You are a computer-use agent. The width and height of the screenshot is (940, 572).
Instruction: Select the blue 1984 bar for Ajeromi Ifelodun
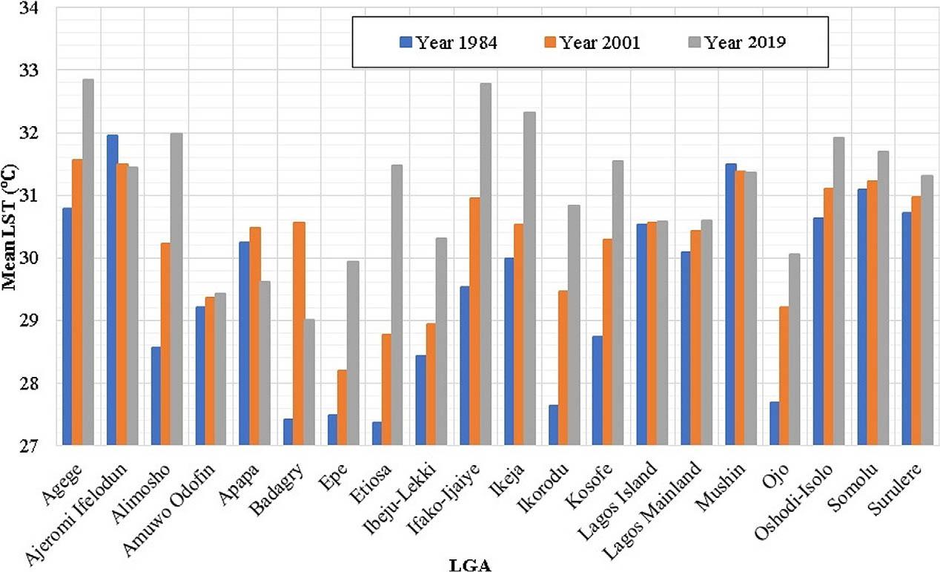click(x=113, y=290)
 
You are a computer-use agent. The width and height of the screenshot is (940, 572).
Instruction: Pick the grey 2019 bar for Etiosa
click(x=397, y=305)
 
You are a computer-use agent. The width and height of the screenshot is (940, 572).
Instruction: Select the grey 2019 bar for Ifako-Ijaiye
click(x=485, y=264)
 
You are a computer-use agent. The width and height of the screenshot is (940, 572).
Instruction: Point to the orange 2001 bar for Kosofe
click(x=606, y=342)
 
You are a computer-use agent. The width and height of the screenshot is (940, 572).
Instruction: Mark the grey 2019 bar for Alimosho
click(x=176, y=289)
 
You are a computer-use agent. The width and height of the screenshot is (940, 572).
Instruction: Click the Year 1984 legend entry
click(x=449, y=42)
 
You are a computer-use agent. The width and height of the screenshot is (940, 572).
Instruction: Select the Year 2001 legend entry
click(x=592, y=42)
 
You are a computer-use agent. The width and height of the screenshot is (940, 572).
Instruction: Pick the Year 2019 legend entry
click(x=735, y=42)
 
